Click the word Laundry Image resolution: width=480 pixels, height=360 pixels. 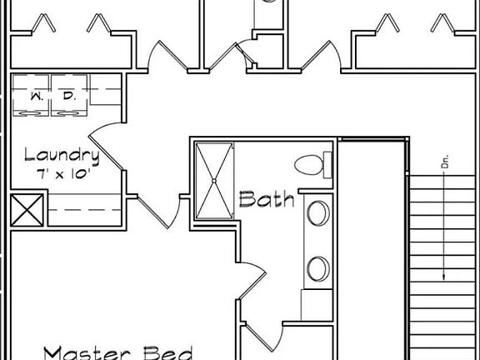[62, 157]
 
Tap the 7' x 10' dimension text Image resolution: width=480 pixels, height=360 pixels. [63, 175]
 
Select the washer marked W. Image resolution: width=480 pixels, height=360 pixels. [31, 96]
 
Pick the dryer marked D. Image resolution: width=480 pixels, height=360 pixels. [69, 96]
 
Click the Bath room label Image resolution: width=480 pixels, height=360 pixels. [267, 199]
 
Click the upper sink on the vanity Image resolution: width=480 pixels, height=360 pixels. [318, 213]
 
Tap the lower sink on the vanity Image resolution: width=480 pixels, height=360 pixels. [318, 269]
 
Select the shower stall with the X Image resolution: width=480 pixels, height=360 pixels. [214, 181]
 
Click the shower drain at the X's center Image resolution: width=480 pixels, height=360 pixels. [214, 181]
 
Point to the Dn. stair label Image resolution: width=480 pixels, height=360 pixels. [445, 162]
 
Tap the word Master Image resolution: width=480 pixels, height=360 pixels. [87, 353]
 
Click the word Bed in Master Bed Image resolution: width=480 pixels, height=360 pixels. [168, 353]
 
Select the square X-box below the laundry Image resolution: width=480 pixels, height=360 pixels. [27, 210]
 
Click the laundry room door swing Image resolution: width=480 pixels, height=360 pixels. [106, 146]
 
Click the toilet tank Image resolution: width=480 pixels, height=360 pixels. [327, 165]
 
